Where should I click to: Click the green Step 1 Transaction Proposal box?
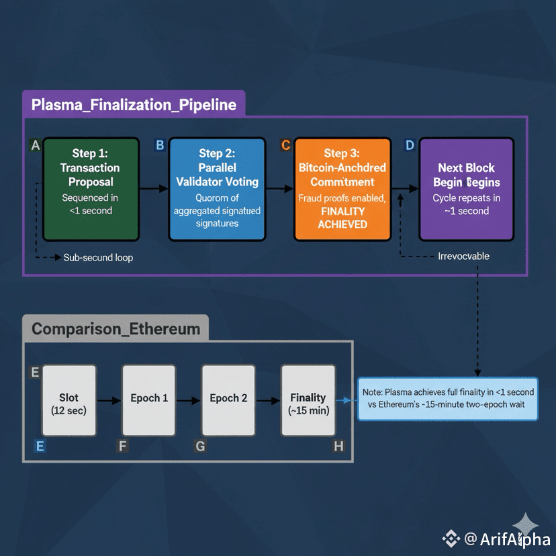pyautogui.click(x=91, y=189)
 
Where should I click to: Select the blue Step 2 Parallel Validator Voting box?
pyautogui.click(x=217, y=189)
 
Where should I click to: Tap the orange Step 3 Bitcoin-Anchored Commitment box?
pyautogui.click(x=342, y=189)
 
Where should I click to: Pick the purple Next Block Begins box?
pyautogui.click(x=466, y=189)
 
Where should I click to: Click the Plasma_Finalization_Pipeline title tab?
pyautogui.click(x=134, y=105)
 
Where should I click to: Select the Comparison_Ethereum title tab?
pyautogui.click(x=116, y=329)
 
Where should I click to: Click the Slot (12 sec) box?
pyautogui.click(x=68, y=400)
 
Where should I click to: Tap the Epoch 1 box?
pyautogui.click(x=149, y=400)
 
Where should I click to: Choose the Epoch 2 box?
pyautogui.click(x=228, y=400)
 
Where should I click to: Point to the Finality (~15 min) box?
pyautogui.click(x=308, y=400)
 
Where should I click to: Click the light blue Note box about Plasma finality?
pyautogui.click(x=449, y=399)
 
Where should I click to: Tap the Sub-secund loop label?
pyautogui.click(x=98, y=257)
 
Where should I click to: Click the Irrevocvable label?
pyautogui.click(x=463, y=256)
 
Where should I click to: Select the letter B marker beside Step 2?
pyautogui.click(x=160, y=145)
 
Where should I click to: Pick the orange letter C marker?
pyautogui.click(x=285, y=145)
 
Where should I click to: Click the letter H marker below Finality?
pyautogui.click(x=338, y=447)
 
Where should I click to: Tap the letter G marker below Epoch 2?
pyautogui.click(x=200, y=447)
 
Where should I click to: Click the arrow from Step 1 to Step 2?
pyautogui.click(x=154, y=189)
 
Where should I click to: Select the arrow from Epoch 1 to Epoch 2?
pyautogui.click(x=189, y=400)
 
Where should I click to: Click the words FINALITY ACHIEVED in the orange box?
pyautogui.click(x=342, y=218)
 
